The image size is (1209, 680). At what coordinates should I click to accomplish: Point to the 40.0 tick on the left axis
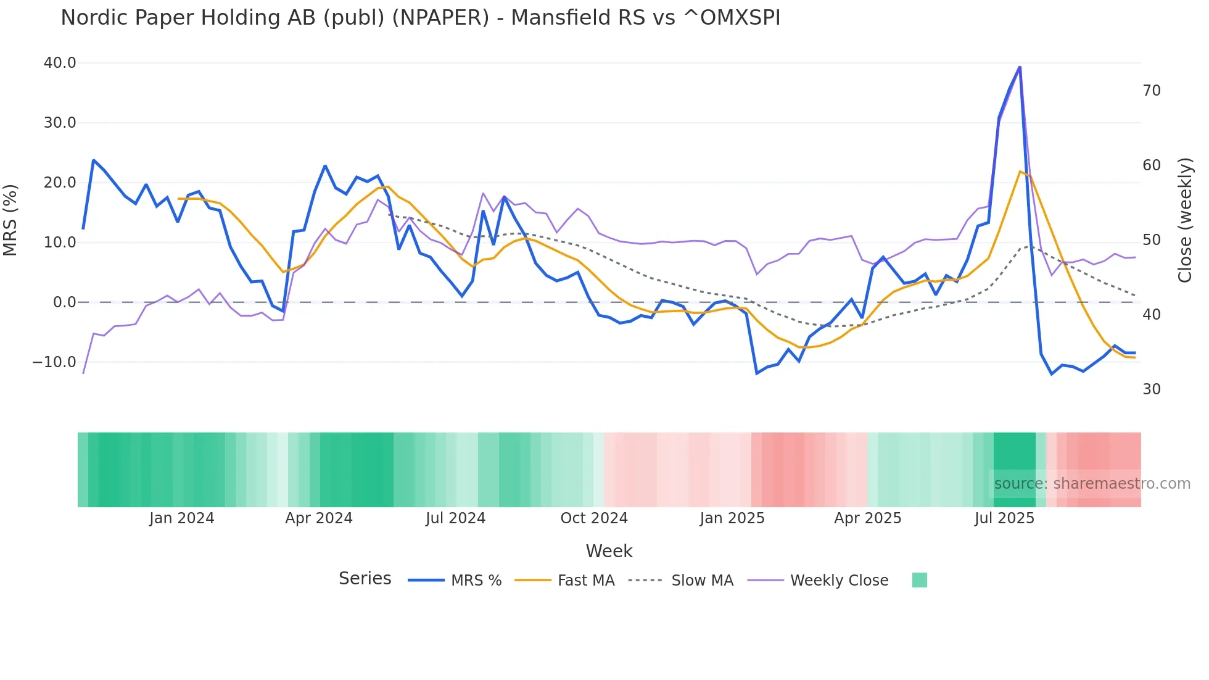coord(60,63)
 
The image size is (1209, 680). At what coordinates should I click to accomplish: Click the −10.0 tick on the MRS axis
coord(54,362)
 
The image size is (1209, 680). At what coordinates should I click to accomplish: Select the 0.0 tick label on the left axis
coord(64,302)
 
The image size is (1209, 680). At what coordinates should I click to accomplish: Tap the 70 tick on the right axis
coord(1152,91)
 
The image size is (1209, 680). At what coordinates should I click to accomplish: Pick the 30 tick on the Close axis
coord(1152,389)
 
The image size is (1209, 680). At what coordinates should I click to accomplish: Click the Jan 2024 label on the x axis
coord(181,518)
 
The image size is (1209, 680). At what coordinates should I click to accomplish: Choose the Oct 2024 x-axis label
coord(593,518)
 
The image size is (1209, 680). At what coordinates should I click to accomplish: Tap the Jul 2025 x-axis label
coord(1004,518)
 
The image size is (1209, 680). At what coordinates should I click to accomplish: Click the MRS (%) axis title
coord(10,220)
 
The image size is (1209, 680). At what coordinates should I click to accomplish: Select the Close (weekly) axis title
coord(1184,220)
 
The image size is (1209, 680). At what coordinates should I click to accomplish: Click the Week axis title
coord(609,551)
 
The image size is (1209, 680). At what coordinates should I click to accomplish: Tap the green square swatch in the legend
coord(919,580)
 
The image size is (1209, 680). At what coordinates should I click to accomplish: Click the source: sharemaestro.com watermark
coord(1092,484)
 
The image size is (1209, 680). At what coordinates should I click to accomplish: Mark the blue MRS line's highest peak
coord(1020,67)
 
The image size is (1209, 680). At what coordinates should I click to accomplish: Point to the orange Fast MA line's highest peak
coord(1020,171)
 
